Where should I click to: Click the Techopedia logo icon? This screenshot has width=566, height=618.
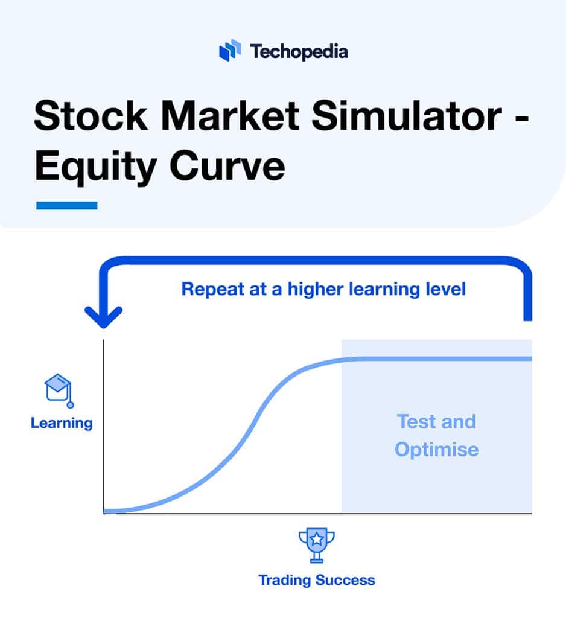pyautogui.click(x=230, y=51)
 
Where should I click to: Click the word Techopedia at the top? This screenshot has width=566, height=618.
pyautogui.click(x=299, y=51)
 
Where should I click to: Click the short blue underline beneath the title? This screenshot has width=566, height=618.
pyautogui.click(x=66, y=205)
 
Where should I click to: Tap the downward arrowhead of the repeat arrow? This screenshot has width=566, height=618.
pyautogui.click(x=104, y=317)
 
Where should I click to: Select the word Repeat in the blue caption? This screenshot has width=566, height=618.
pyautogui.click(x=212, y=289)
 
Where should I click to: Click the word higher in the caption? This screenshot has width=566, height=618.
pyautogui.click(x=317, y=289)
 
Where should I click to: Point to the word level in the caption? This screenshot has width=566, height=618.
pyautogui.click(x=445, y=289)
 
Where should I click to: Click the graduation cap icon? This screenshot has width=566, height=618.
pyautogui.click(x=59, y=389)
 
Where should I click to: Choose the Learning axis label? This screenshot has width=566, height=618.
pyautogui.click(x=62, y=422)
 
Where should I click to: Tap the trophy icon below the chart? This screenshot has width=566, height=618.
pyautogui.click(x=317, y=545)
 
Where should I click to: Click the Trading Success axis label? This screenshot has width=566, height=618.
pyautogui.click(x=317, y=580)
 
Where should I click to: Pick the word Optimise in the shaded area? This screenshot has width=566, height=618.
pyautogui.click(x=436, y=450)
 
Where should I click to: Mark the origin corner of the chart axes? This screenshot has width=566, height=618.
pyautogui.click(x=104, y=513)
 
